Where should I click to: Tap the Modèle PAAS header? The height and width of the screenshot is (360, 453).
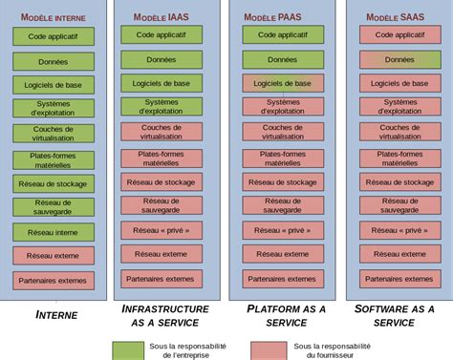[276, 16]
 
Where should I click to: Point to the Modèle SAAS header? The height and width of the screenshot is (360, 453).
[397, 16]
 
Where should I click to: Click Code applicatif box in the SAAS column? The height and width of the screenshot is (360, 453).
[399, 34]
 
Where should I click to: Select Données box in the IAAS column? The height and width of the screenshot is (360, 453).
[161, 59]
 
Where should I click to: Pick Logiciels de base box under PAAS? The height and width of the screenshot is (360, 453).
[282, 83]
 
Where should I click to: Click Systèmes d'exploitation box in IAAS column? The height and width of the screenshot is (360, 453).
[161, 107]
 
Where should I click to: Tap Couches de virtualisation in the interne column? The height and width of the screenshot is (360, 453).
[54, 134]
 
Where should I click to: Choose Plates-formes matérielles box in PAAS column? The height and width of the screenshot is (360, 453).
[282, 157]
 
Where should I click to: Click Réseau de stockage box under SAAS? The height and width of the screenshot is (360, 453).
[399, 181]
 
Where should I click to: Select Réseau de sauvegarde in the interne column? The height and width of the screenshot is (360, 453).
[54, 206]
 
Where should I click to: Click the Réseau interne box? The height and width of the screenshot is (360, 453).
[54, 231]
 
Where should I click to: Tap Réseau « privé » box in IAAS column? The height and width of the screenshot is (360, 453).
[161, 229]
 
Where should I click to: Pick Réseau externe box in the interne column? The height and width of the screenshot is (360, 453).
[54, 255]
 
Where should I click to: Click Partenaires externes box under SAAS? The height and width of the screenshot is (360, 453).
[399, 279]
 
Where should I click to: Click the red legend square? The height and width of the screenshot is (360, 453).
[269, 349]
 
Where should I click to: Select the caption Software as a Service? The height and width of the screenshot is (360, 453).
[394, 315]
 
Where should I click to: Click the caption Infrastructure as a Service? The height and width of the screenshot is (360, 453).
[164, 315]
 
